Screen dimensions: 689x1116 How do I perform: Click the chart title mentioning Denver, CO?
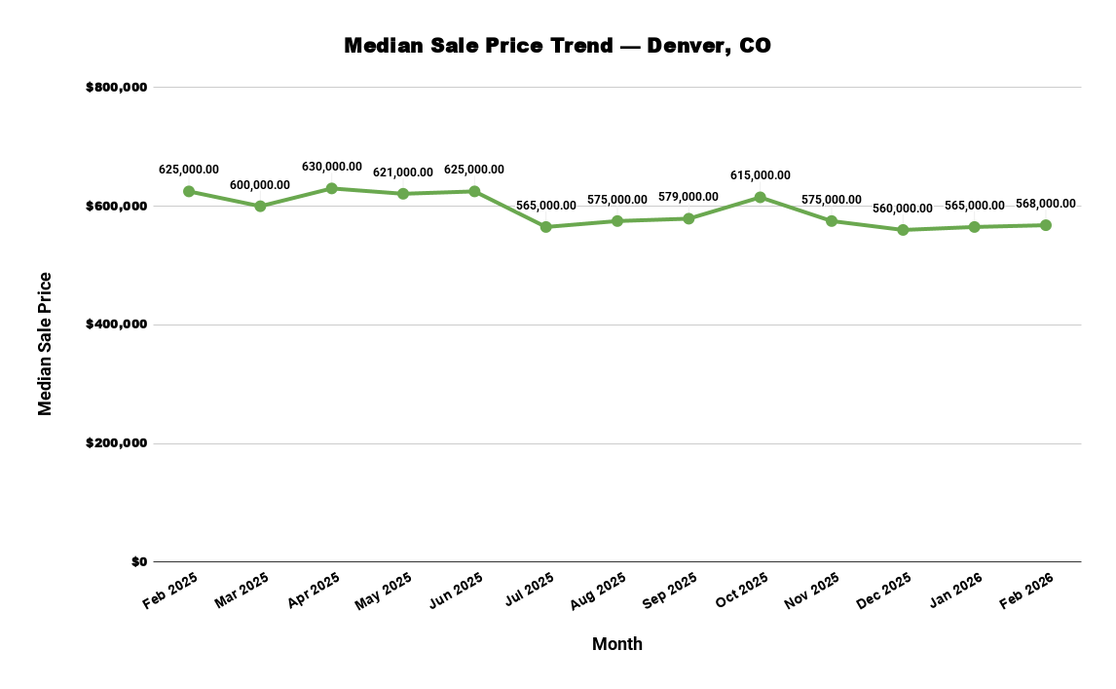click(x=557, y=46)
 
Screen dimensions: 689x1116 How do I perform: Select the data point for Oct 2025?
click(x=760, y=198)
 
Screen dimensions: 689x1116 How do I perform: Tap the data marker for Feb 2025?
click(x=189, y=191)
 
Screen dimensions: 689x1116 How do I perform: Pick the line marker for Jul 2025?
click(x=545, y=227)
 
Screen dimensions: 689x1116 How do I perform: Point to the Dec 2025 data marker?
click(x=903, y=230)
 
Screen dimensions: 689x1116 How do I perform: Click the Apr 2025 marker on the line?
click(x=331, y=188)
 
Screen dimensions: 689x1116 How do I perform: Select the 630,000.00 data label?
click(x=331, y=167)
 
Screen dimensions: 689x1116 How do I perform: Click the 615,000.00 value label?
click(x=760, y=175)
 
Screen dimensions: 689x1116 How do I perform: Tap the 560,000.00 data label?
click(x=903, y=209)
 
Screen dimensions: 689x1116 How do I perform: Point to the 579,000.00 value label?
click(x=688, y=197)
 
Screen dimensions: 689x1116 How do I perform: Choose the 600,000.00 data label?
click(x=260, y=185)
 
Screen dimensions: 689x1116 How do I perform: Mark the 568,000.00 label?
click(x=1045, y=204)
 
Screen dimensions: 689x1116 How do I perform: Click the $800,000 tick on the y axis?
click(x=116, y=88)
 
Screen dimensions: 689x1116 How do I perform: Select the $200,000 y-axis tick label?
click(x=116, y=443)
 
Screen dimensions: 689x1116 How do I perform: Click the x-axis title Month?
click(x=616, y=644)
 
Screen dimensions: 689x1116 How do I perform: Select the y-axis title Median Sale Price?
click(x=45, y=344)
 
